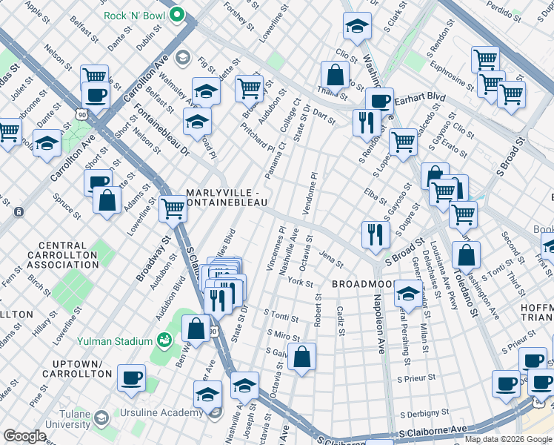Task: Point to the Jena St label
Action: click(x=331, y=259)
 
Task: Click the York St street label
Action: click(x=301, y=282)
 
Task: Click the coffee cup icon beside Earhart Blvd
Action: click(x=379, y=101)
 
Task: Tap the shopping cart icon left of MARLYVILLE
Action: click(x=173, y=208)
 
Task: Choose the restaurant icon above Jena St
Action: click(x=376, y=234)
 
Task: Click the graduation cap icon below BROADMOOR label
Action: click(x=407, y=293)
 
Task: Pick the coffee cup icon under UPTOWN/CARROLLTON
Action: click(x=131, y=377)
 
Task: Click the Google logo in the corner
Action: click(x=24, y=436)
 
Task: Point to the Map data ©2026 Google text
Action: click(x=507, y=438)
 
